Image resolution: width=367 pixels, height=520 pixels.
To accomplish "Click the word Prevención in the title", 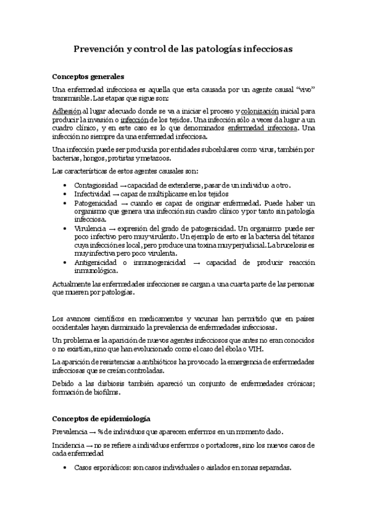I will (x=100, y=47).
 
